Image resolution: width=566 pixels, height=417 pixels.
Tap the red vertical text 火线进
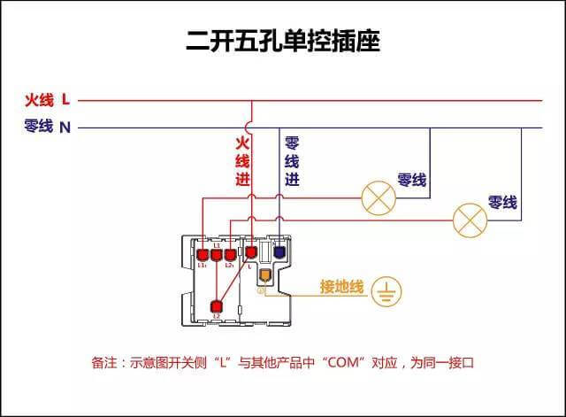[x=242, y=160]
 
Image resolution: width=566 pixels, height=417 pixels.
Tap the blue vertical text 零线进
[x=291, y=160]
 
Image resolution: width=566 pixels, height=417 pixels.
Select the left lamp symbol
[x=379, y=197]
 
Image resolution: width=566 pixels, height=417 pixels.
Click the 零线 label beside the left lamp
[x=412, y=181]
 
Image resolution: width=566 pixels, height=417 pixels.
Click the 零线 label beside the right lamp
[x=502, y=203]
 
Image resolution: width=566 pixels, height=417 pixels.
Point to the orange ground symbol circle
[x=386, y=291]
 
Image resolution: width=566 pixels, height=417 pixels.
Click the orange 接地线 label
[x=341, y=287]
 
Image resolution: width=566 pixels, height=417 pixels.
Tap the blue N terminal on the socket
[x=279, y=252]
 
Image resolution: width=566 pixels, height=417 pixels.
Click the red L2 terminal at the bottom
[x=216, y=307]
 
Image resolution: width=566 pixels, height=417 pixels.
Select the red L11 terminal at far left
[x=203, y=252]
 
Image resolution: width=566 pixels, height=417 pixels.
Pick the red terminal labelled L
[x=250, y=252]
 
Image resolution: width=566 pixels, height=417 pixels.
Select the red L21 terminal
[x=229, y=252]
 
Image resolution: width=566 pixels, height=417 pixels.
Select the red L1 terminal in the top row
[x=216, y=252]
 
